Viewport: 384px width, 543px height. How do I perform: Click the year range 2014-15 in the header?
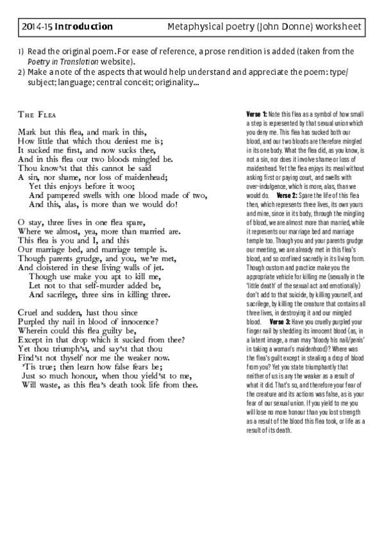point(37,27)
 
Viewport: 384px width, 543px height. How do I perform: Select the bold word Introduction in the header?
point(83,27)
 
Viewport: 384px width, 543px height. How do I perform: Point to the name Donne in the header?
point(294,27)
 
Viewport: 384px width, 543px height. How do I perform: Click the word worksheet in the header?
point(340,27)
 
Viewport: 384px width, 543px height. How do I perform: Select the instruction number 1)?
point(21,51)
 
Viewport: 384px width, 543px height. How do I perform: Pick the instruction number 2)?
point(21,72)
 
